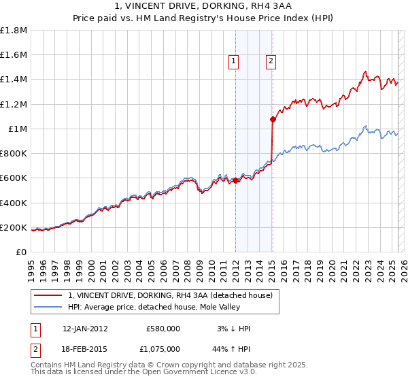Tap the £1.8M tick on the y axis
coord(14,31)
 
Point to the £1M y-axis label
coord(18,129)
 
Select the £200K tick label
coord(14,228)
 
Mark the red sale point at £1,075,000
coord(273,119)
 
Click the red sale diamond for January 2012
coord(235,180)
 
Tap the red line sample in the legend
coord(50,295)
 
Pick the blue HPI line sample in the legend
coord(50,307)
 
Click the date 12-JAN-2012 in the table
coord(85,329)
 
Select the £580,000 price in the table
coord(163,329)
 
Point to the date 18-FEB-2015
coord(85,348)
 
